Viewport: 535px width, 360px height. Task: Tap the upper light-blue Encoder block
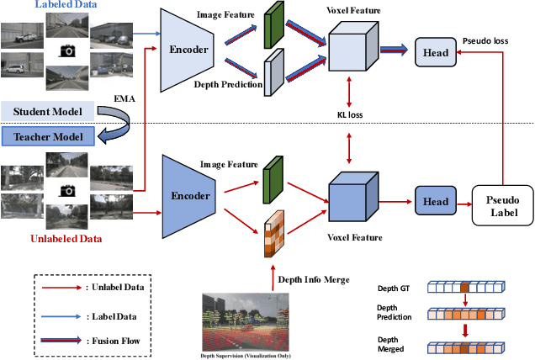(191, 50)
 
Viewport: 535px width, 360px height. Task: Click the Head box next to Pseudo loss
(434, 52)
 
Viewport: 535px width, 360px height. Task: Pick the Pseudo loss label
(485, 40)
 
